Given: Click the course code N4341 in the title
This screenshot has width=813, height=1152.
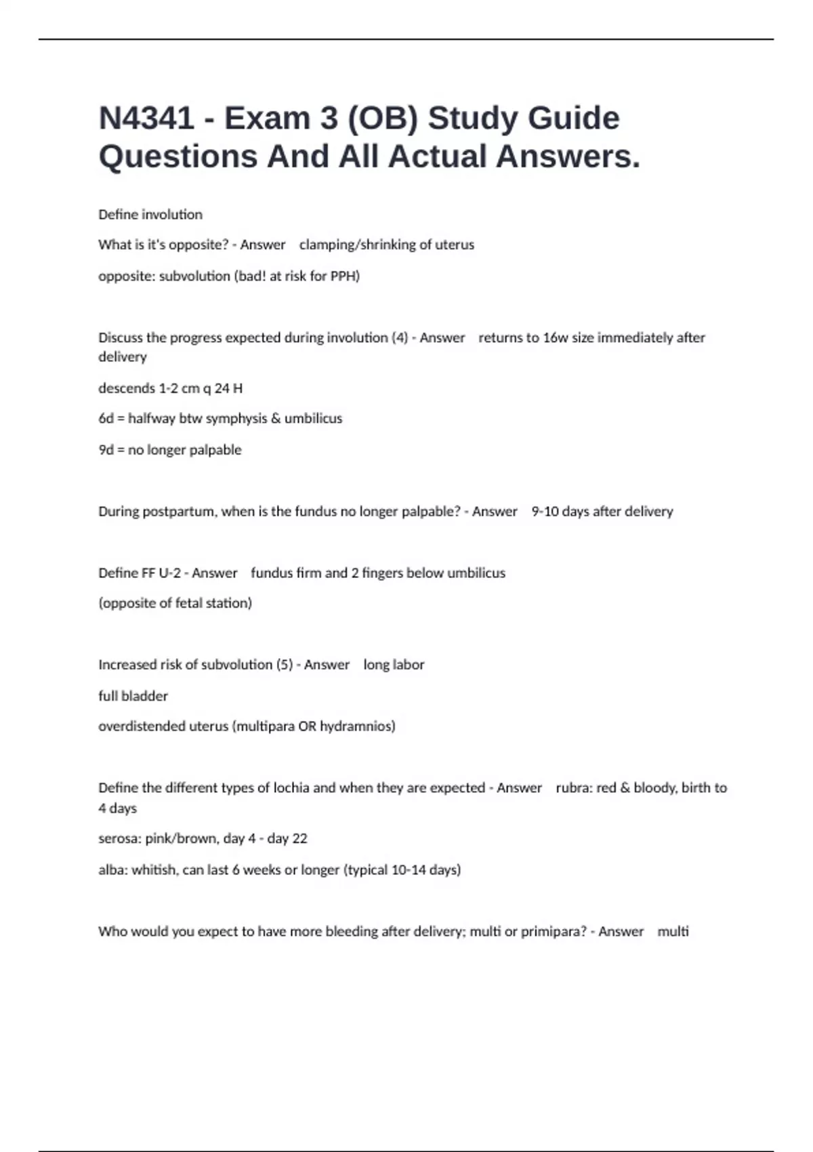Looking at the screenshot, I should [x=146, y=119].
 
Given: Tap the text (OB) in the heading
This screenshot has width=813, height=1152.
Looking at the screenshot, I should [x=382, y=119].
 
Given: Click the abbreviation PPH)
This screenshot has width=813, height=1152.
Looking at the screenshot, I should [x=345, y=276].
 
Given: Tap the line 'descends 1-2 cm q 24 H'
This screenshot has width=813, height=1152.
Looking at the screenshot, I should [x=170, y=388].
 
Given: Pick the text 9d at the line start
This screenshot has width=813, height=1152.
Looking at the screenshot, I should [x=106, y=450].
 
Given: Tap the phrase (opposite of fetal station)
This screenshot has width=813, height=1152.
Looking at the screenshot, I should [x=175, y=603].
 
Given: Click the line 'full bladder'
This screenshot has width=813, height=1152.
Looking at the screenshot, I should [x=133, y=696].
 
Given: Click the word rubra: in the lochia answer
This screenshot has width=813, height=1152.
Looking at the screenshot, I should [x=573, y=788].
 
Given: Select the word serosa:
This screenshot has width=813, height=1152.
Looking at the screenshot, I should [x=120, y=839].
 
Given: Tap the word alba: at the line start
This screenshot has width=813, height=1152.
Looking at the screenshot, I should [x=112, y=870].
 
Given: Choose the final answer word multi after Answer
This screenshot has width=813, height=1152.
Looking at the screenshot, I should [x=673, y=932].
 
